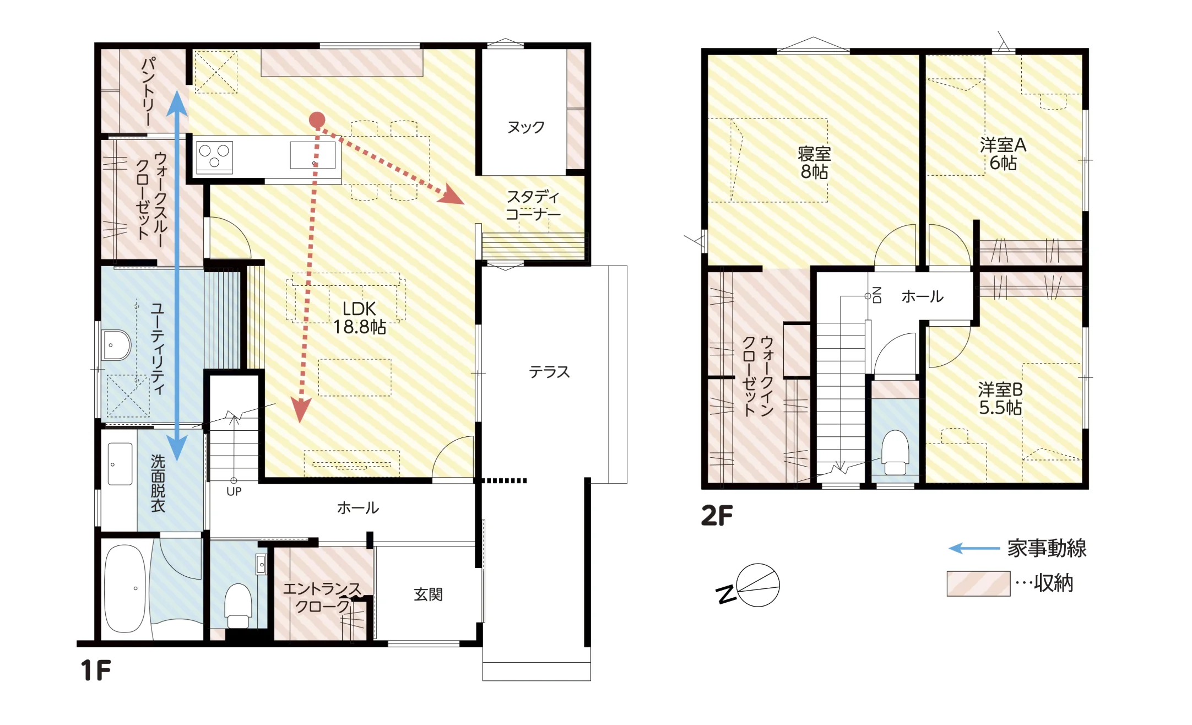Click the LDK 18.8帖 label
pyautogui.click(x=359, y=318)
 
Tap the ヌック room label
pyautogui.click(x=526, y=127)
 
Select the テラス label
pyautogui.click(x=549, y=372)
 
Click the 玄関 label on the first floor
pyautogui.click(x=428, y=594)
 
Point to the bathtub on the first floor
pyautogui.click(x=126, y=588)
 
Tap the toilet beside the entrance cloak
pyautogui.click(x=238, y=605)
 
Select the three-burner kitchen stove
pyautogui.click(x=214, y=156)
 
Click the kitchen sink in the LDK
pyautogui.click(x=313, y=155)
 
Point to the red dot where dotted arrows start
pyautogui.click(x=317, y=120)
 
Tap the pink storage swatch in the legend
pyautogui.click(x=978, y=584)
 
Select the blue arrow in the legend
pyautogui.click(x=974, y=548)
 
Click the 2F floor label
pyautogui.click(x=717, y=516)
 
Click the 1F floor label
pyautogui.click(x=95, y=670)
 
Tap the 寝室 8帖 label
pyautogui.click(x=814, y=163)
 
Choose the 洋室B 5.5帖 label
pyautogui.click(x=1000, y=398)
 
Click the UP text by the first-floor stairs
pyautogui.click(x=234, y=491)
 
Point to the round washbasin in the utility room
pyautogui.click(x=117, y=345)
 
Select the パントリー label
pyautogui.click(x=148, y=91)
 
